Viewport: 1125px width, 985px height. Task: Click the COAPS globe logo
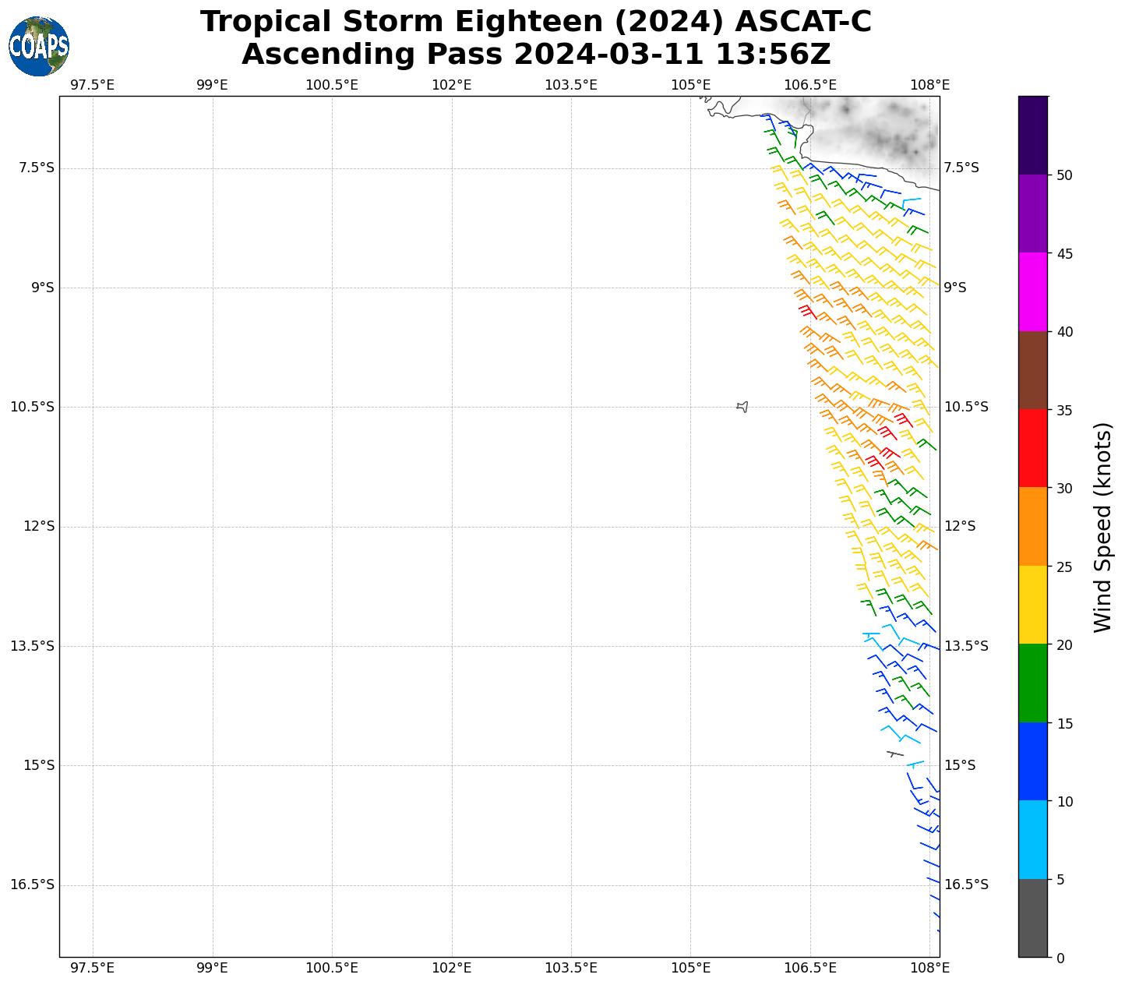(x=39, y=47)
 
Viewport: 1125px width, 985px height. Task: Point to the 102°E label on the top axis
(x=451, y=84)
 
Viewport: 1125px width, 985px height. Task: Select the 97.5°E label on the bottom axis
(x=92, y=968)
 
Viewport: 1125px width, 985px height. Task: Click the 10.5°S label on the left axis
(x=33, y=407)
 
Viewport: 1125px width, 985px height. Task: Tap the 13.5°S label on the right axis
(x=966, y=646)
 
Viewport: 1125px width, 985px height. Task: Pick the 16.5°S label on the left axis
(x=33, y=884)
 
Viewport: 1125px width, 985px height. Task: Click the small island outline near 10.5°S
(x=742, y=407)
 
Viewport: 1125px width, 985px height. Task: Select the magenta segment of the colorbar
(x=1033, y=291)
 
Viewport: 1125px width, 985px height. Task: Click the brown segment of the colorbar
(x=1033, y=370)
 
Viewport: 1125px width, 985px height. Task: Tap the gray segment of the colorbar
(x=1033, y=918)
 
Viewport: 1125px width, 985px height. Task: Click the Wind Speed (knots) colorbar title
(x=1102, y=527)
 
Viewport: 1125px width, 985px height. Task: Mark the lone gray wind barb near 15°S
(x=895, y=754)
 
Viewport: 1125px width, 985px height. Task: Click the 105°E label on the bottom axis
(x=690, y=968)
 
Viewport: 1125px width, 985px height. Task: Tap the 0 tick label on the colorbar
(x=1060, y=958)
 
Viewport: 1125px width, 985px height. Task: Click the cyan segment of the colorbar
(x=1033, y=839)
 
